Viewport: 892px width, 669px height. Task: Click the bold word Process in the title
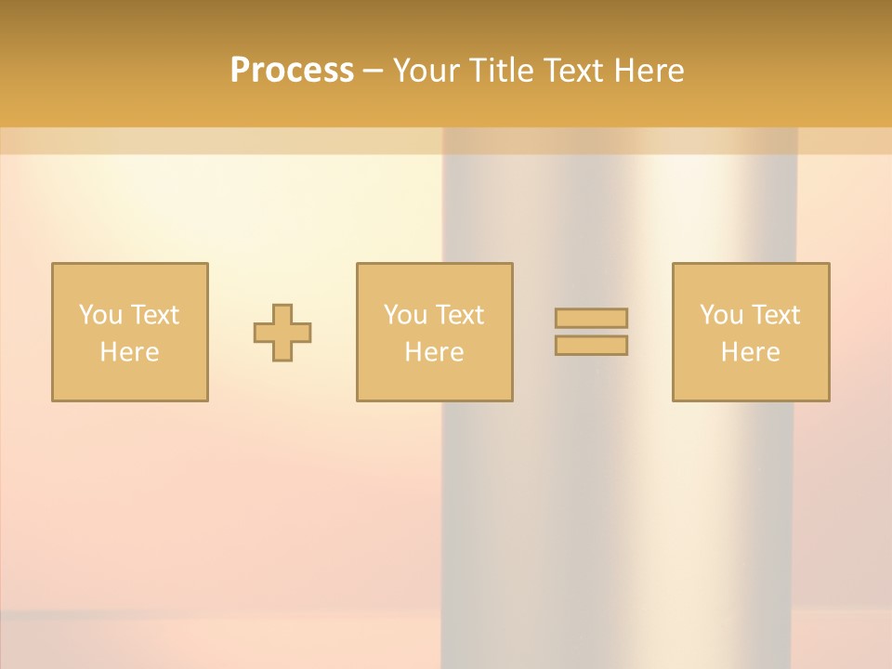click(x=292, y=71)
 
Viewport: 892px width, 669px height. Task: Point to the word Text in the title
click(x=575, y=71)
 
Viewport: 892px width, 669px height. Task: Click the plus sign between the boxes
click(x=282, y=333)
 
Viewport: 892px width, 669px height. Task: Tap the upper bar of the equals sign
click(x=591, y=318)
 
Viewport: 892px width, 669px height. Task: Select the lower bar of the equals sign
click(x=591, y=346)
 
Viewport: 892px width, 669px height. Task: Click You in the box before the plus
click(x=99, y=315)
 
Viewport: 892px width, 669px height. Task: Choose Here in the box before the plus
click(x=129, y=352)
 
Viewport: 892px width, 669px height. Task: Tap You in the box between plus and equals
click(x=404, y=315)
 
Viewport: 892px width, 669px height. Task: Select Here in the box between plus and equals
click(x=434, y=352)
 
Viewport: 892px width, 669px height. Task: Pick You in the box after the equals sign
click(x=720, y=315)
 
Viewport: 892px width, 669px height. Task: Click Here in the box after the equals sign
click(x=750, y=352)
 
